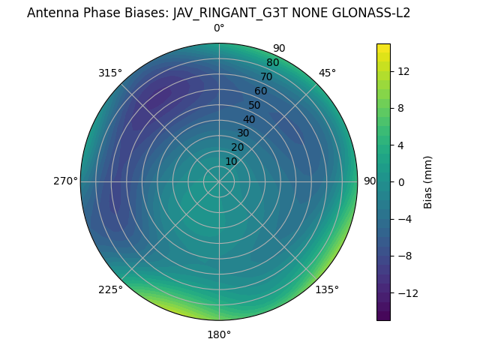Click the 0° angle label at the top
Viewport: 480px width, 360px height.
click(219, 28)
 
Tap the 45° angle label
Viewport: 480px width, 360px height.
click(327, 73)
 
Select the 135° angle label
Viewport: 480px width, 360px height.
click(327, 289)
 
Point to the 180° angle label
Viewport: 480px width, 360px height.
click(219, 334)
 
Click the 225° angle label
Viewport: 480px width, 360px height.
click(110, 289)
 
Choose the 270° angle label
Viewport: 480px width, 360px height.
click(65, 181)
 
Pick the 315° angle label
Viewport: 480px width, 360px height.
click(110, 73)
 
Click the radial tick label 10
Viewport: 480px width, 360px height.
click(232, 161)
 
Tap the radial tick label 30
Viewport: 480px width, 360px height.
click(243, 133)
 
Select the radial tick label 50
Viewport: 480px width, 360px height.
click(255, 105)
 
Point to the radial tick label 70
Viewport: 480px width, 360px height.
click(266, 77)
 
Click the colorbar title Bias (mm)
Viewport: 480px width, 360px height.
click(428, 181)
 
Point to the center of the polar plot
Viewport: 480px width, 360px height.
click(219, 181)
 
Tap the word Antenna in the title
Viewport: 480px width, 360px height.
click(52, 13)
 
